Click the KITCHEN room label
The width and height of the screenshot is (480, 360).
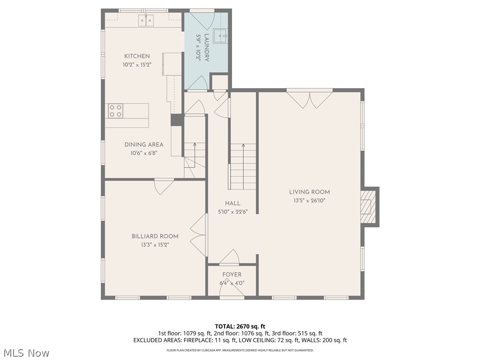(137, 56)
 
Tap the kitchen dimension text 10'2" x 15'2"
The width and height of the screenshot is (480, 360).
(137, 65)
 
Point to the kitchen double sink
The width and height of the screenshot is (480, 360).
(146, 21)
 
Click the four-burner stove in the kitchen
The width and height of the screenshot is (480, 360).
(115, 111)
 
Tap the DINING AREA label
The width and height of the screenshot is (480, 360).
(144, 145)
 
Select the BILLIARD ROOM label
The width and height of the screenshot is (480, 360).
(155, 236)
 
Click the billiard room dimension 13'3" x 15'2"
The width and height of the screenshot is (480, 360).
(155, 245)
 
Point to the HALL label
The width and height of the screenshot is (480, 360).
(232, 203)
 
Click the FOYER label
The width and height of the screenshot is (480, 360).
(232, 275)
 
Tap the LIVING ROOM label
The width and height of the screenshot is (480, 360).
(309, 192)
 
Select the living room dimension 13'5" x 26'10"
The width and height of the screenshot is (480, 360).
(309, 200)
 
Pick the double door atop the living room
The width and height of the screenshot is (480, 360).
(309, 98)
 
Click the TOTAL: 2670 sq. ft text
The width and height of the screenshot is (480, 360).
(240, 326)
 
